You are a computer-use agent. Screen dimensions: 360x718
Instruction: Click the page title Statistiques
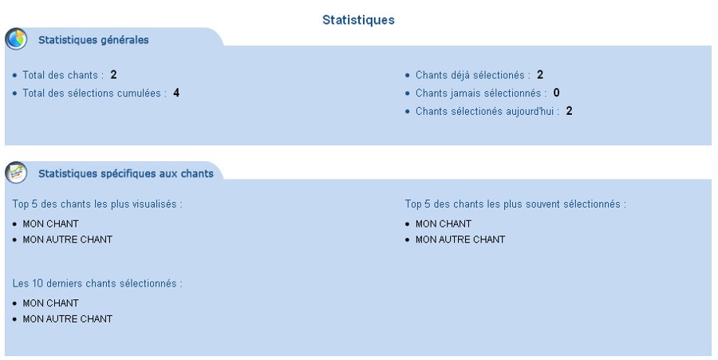pyautogui.click(x=358, y=20)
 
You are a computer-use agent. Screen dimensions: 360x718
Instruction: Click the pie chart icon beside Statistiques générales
pyautogui.click(x=17, y=39)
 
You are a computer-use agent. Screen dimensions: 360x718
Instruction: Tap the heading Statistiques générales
pyautogui.click(x=93, y=40)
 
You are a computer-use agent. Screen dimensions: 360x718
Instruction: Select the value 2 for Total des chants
pyautogui.click(x=114, y=75)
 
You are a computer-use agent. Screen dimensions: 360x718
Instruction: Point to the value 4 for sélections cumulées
pyautogui.click(x=176, y=93)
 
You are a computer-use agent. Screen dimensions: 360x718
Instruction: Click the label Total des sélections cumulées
pyautogui.click(x=94, y=93)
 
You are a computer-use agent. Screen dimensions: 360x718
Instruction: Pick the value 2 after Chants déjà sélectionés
pyautogui.click(x=540, y=75)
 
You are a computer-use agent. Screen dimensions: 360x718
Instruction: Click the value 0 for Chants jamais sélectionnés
pyautogui.click(x=556, y=93)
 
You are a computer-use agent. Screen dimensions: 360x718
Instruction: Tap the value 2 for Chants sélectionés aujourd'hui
pyautogui.click(x=570, y=111)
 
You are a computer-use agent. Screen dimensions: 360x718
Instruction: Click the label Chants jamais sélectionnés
pyautogui.click(x=480, y=93)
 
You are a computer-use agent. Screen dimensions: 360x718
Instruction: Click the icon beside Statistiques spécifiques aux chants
pyautogui.click(x=17, y=172)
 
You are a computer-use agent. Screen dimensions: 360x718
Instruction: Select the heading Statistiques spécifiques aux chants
pyautogui.click(x=126, y=173)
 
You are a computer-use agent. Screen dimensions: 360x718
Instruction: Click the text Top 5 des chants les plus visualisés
pyautogui.click(x=97, y=204)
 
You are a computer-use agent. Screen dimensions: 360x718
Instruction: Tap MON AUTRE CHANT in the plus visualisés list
pyautogui.click(x=67, y=239)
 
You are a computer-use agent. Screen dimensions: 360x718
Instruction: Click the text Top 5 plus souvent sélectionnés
pyautogui.click(x=515, y=204)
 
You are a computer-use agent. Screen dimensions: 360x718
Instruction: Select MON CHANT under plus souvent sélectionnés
pyautogui.click(x=444, y=224)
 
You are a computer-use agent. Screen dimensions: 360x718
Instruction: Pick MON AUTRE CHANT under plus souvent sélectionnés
pyautogui.click(x=460, y=239)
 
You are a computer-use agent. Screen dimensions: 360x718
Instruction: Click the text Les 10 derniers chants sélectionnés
pyautogui.click(x=97, y=283)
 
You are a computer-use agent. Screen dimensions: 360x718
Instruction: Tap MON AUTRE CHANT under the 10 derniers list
pyautogui.click(x=67, y=319)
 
